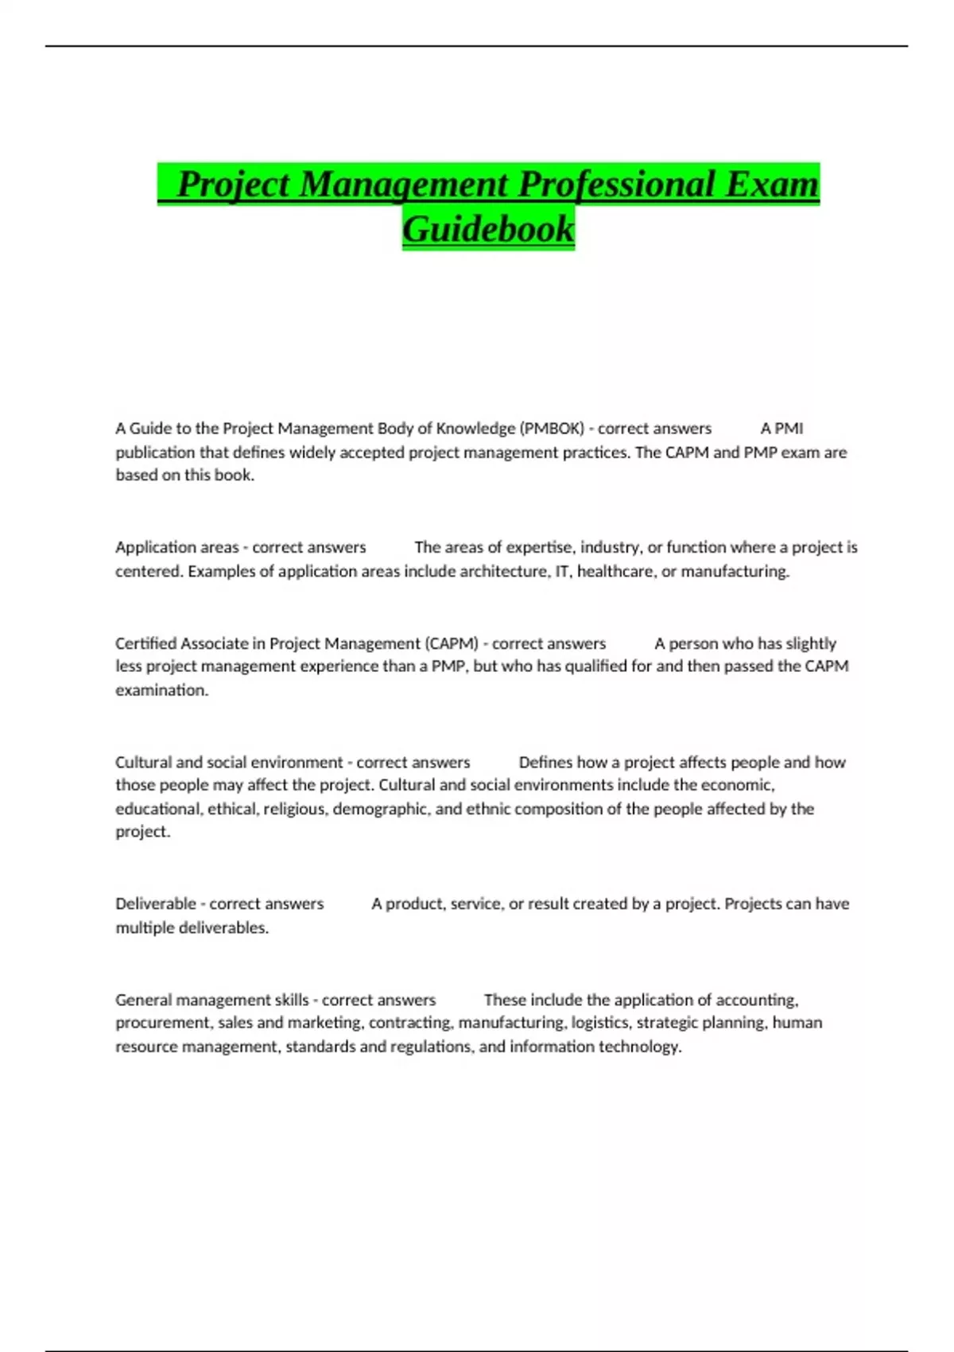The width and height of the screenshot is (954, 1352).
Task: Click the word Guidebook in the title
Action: tap(488, 229)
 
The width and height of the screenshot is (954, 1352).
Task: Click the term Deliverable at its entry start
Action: tap(155, 903)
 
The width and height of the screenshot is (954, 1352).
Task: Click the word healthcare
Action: tap(615, 571)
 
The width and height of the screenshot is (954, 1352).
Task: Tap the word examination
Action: tap(161, 690)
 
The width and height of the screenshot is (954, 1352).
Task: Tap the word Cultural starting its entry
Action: tap(143, 762)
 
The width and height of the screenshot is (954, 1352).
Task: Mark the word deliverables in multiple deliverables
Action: tap(223, 927)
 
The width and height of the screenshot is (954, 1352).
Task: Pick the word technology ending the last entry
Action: tap(639, 1047)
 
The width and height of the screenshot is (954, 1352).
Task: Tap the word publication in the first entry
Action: tap(155, 453)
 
